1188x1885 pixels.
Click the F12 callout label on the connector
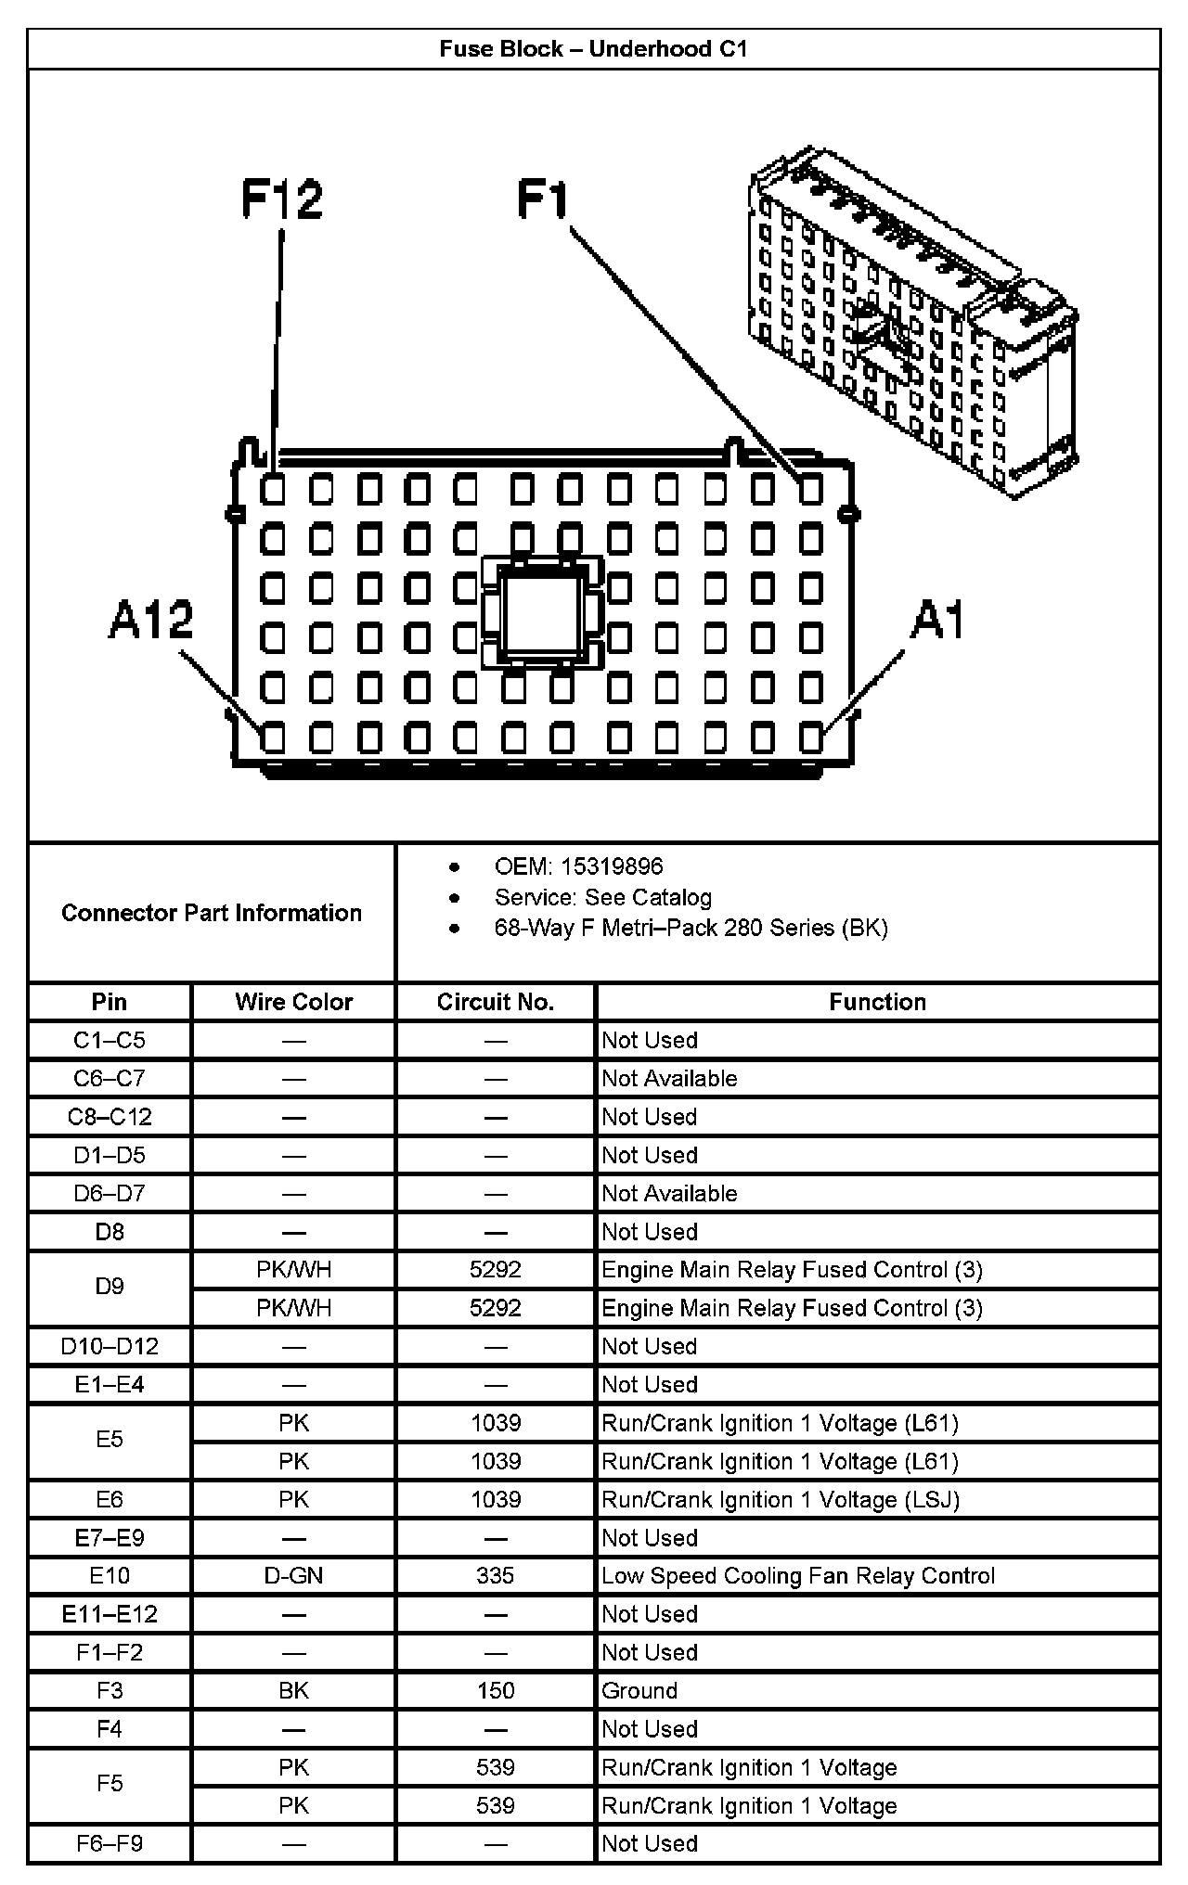[281, 199]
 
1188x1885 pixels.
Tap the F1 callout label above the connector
[542, 199]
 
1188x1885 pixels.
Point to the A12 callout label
[151, 620]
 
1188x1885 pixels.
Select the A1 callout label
[937, 620]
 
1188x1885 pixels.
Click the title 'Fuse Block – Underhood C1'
[593, 49]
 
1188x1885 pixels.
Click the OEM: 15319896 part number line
[578, 866]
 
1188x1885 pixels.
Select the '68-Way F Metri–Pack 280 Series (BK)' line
[691, 928]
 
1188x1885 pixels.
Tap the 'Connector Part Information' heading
[212, 913]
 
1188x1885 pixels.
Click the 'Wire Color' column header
[293, 1002]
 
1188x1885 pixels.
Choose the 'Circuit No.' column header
[495, 1002]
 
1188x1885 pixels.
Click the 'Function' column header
[877, 1002]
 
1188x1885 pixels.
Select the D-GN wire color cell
[293, 1575]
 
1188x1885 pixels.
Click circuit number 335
[495, 1575]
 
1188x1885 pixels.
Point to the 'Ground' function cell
[639, 1690]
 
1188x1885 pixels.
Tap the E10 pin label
[110, 1575]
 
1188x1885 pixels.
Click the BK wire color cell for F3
[293, 1690]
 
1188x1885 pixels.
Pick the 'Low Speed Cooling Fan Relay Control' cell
[797, 1575]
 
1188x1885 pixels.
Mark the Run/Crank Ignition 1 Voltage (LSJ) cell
[780, 1499]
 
